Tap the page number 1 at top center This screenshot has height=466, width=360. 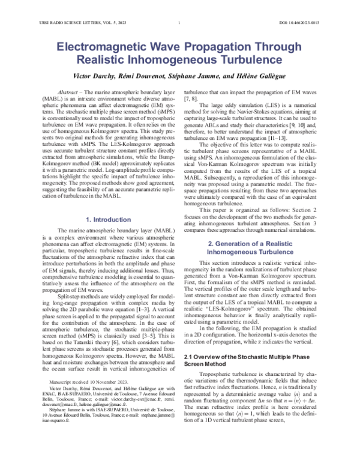coord(179,23)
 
